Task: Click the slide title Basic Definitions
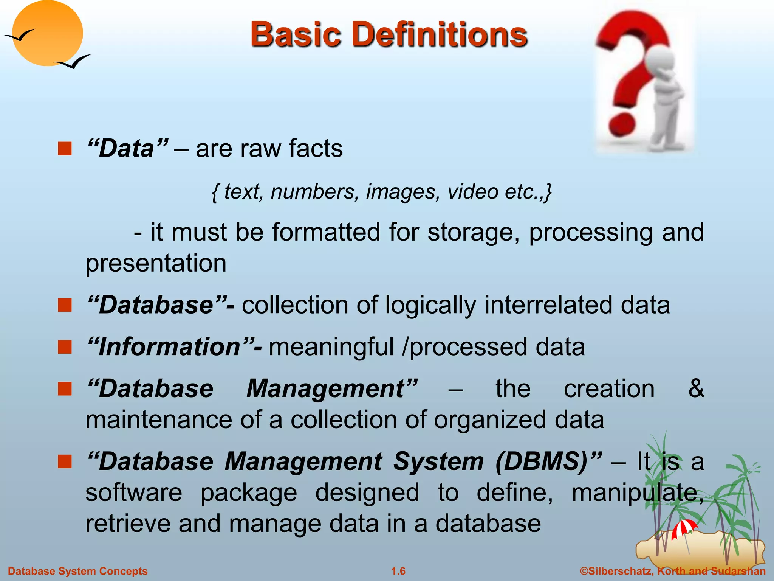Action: pyautogui.click(x=389, y=35)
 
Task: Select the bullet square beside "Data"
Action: pyautogui.click(x=65, y=149)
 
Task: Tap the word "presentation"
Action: pyautogui.click(x=156, y=263)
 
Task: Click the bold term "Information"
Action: pyautogui.click(x=170, y=347)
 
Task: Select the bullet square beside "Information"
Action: pyautogui.click(x=65, y=347)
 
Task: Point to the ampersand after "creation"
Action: pyautogui.click(x=696, y=388)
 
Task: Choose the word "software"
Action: pyautogui.click(x=134, y=492)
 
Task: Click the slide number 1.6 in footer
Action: pyautogui.click(x=398, y=571)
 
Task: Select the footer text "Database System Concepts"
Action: pyautogui.click(x=78, y=571)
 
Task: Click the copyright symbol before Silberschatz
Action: pyautogui.click(x=584, y=571)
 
